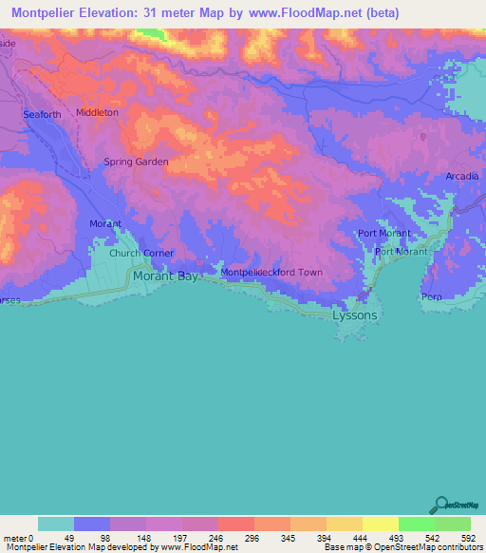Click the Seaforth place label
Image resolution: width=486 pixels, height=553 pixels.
tap(42, 115)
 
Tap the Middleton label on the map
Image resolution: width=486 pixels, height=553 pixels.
tap(97, 112)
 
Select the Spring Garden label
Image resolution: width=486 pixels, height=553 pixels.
tap(136, 162)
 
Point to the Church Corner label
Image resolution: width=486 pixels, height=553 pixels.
tap(140, 254)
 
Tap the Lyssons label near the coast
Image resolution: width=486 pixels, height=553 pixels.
tap(354, 315)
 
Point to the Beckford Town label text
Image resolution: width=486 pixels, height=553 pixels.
tap(294, 273)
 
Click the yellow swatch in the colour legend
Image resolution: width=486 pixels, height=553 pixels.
tap(380, 524)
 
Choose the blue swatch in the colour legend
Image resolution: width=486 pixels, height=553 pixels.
tap(92, 524)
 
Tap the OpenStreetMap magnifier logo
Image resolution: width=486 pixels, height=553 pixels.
tap(441, 504)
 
